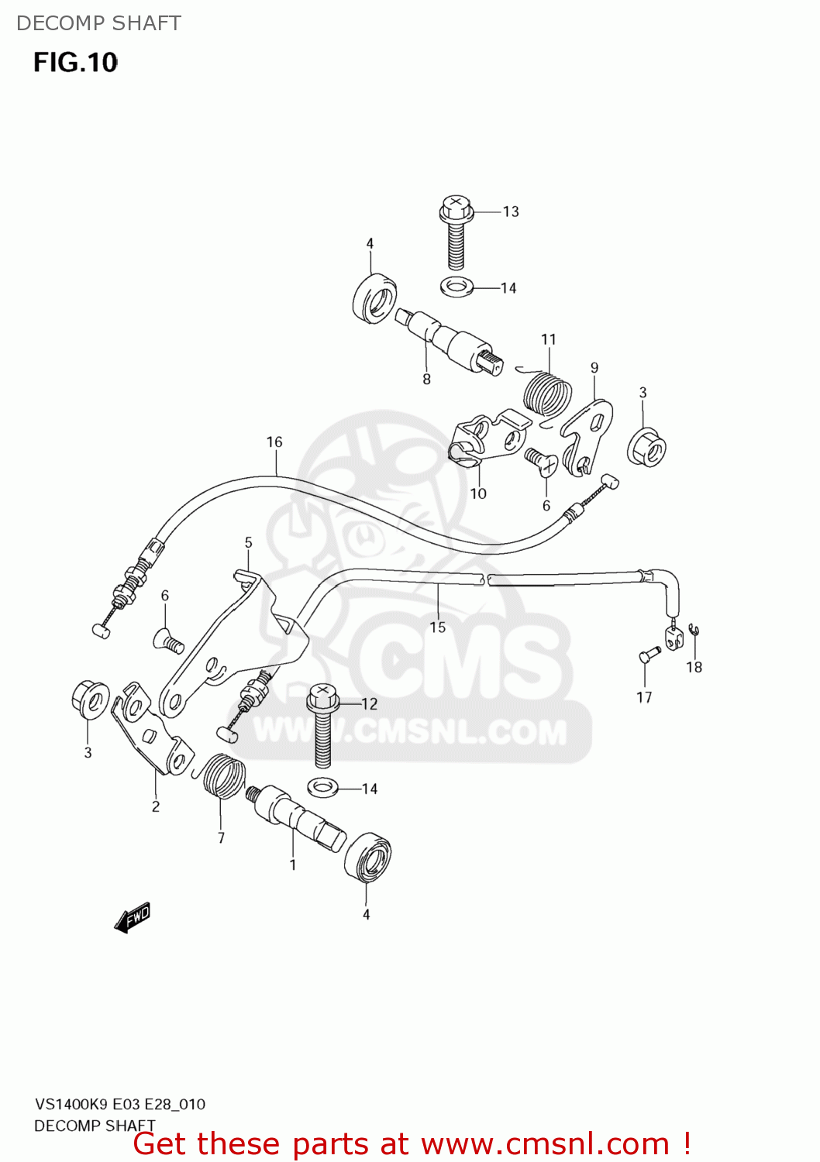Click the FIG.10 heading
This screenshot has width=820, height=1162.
tap(75, 62)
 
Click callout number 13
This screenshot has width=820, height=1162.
tap(511, 211)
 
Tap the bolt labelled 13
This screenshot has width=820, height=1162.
tap(456, 232)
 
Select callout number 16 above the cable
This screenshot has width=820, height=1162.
tap(274, 442)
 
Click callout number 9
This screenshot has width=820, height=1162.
tap(594, 367)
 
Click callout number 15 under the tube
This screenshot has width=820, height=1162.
tap(438, 627)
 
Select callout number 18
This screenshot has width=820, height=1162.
tap(694, 667)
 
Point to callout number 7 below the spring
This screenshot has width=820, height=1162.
tap(221, 837)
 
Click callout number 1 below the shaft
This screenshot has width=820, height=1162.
tap(293, 865)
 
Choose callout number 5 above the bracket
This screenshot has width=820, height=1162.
tap(248, 542)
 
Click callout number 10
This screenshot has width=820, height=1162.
tap(478, 493)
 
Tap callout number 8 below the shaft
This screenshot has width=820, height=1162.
tap(426, 379)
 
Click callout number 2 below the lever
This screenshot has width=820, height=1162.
tap(156, 806)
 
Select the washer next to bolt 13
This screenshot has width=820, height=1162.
tap(457, 287)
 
